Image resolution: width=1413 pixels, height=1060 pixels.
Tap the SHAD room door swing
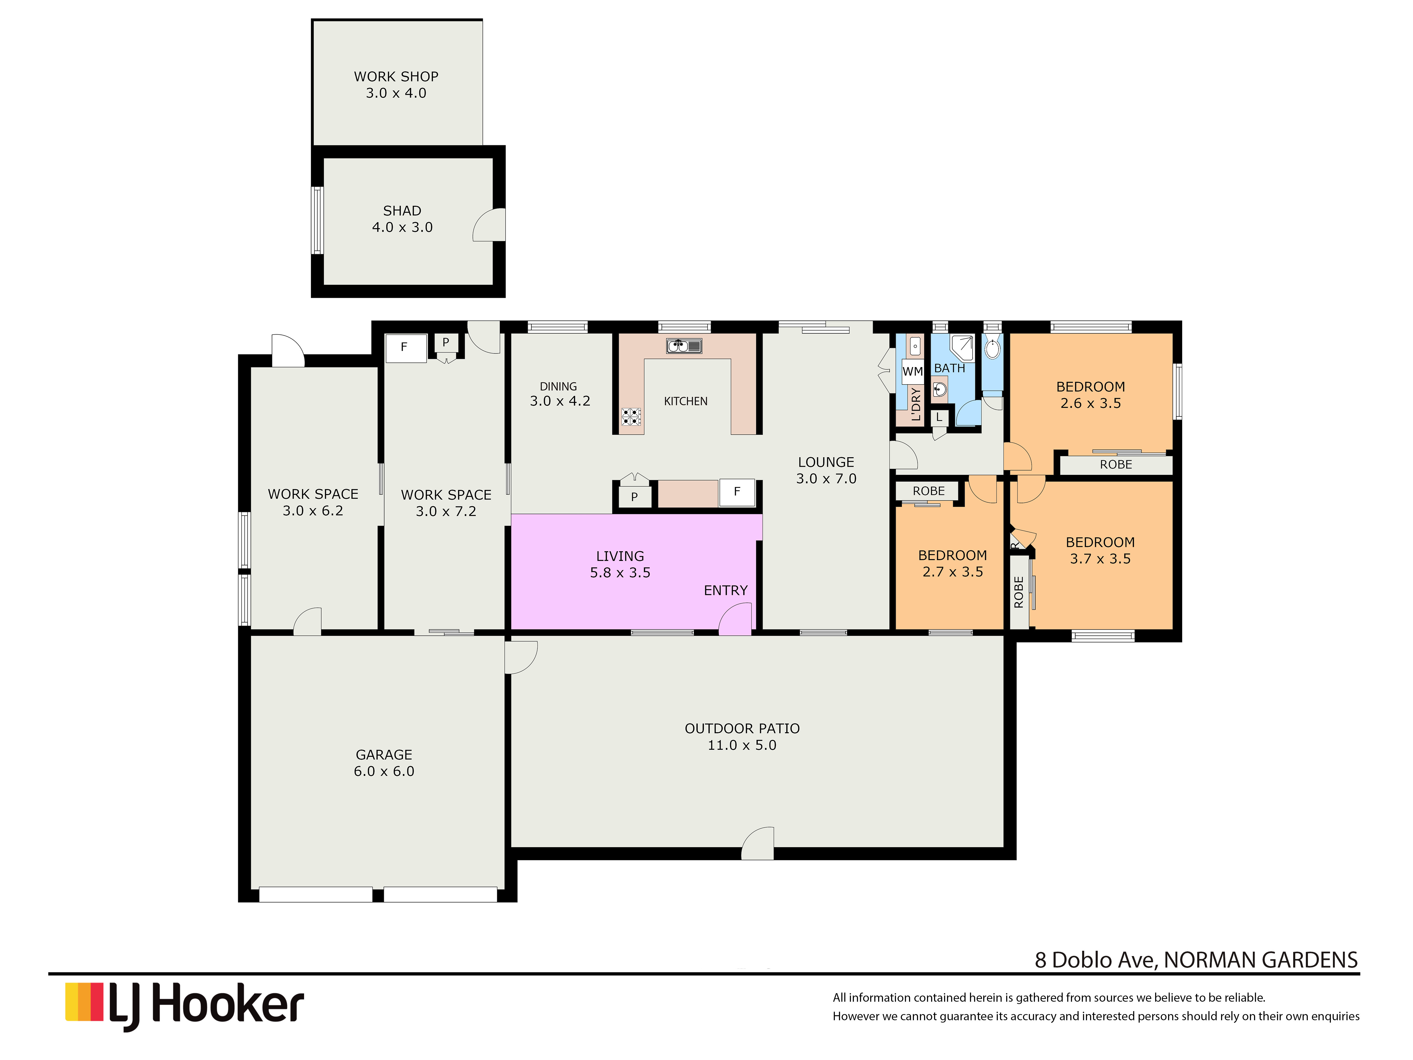coord(489,225)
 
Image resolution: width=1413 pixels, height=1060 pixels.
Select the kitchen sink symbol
coord(684,346)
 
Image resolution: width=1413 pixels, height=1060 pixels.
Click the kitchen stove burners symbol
coord(631,417)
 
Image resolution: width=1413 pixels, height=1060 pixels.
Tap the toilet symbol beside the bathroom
coord(992,348)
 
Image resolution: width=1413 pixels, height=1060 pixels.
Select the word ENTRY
coord(726,590)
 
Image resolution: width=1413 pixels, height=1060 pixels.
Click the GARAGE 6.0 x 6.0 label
coord(384,763)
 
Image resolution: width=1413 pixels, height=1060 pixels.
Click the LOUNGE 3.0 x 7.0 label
coord(826,470)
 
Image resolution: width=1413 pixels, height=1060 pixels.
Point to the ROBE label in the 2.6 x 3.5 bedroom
coord(1116,465)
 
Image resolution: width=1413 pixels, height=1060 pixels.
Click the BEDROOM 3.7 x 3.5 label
coord(1100,550)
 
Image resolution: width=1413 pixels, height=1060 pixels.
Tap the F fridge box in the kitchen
coord(737,492)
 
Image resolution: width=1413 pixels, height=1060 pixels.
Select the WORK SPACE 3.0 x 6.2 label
coord(313,502)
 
